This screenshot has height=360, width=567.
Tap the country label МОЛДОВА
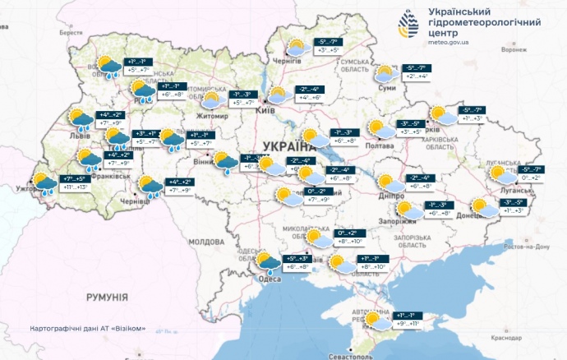(x=205, y=242)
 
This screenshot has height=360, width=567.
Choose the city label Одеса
(x=270, y=279)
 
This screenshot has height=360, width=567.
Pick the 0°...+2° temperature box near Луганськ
(x=526, y=178)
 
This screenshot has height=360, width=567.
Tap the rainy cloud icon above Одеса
(x=268, y=262)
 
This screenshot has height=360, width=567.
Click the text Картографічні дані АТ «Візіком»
(x=87, y=328)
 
